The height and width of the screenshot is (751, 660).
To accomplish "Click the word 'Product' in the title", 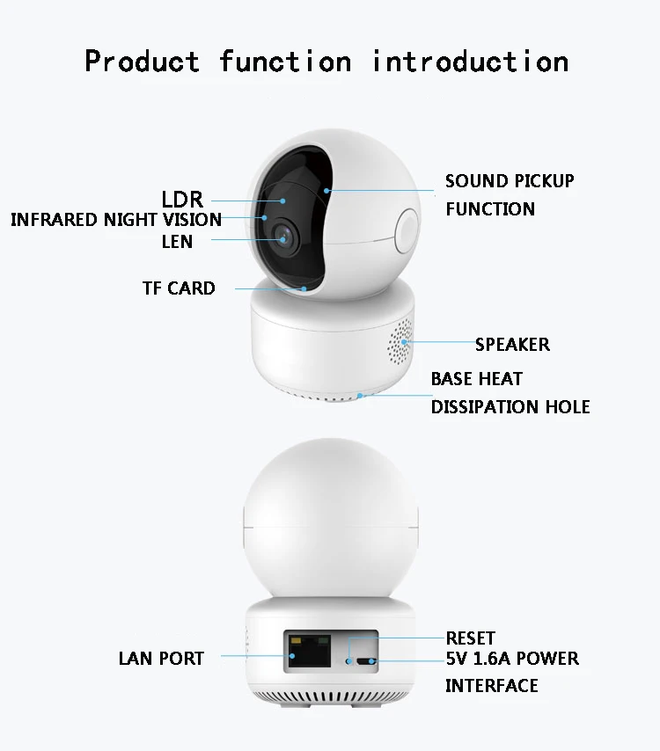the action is click(x=142, y=62).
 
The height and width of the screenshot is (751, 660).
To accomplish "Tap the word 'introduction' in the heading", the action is click(x=470, y=62).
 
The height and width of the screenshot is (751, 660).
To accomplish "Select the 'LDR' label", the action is click(x=182, y=199).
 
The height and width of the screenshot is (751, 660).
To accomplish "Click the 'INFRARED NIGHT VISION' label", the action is click(x=116, y=220).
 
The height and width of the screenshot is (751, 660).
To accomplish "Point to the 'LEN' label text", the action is click(x=177, y=241).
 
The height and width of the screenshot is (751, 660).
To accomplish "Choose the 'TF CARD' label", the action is click(x=179, y=288).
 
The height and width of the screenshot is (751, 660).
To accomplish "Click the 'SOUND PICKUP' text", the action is click(x=510, y=181).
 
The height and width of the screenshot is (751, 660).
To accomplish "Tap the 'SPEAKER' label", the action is click(x=512, y=344).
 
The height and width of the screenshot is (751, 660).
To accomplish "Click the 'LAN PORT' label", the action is click(x=161, y=658).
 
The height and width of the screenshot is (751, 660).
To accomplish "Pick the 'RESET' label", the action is click(x=470, y=638).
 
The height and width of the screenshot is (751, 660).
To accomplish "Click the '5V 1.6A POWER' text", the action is click(x=512, y=659).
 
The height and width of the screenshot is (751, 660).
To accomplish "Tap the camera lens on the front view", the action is click(x=282, y=236).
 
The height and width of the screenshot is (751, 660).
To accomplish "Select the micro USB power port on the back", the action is click(x=363, y=660).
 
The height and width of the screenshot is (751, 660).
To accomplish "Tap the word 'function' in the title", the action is click(x=285, y=62).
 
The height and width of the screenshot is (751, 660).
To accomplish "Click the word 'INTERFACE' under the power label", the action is click(x=491, y=686).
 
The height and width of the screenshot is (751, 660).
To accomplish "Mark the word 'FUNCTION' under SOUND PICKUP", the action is click(x=490, y=209).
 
